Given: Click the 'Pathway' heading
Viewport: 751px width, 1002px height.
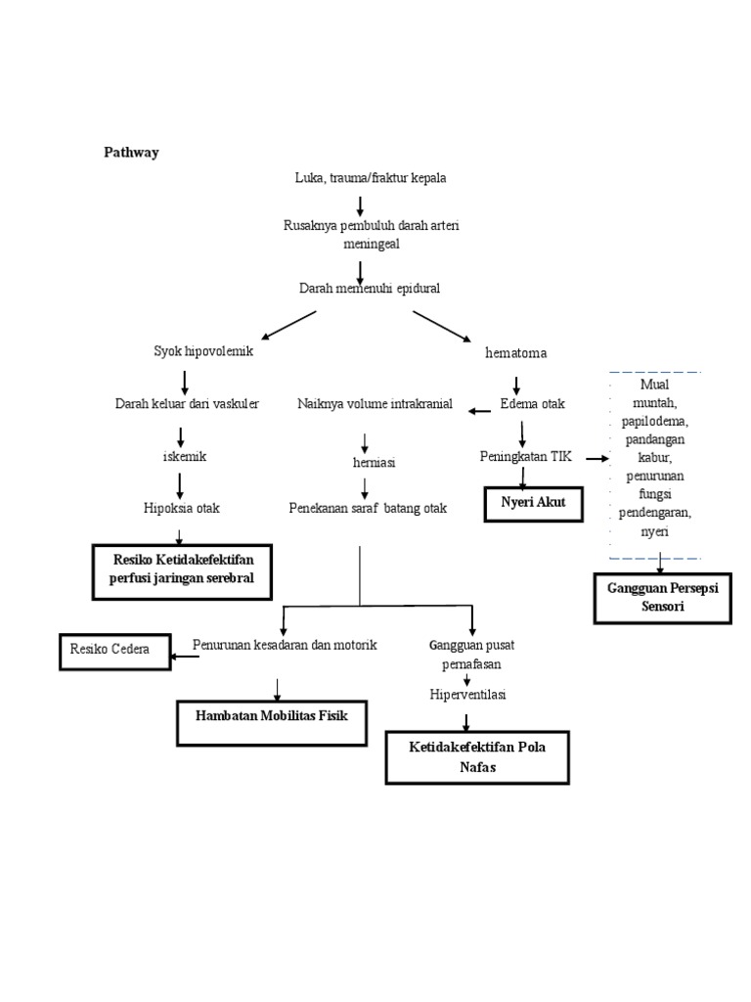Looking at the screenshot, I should point(132,153).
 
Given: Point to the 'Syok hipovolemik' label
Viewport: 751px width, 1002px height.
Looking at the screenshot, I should point(203,351).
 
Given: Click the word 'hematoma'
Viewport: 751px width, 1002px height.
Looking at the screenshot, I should point(515,352).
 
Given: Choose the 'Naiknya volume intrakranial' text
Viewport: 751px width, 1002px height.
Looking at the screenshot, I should point(375,404).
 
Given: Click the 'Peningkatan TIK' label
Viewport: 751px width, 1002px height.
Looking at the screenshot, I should point(525,457).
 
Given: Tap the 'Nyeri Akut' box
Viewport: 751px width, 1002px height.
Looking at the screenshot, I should point(533,503).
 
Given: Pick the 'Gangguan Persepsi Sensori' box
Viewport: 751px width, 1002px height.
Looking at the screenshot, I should point(662,597).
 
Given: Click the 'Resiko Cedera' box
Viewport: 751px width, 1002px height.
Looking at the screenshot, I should point(114,651).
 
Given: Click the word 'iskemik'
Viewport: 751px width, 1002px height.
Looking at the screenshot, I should point(184,457).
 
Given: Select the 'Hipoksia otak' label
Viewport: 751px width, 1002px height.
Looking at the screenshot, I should point(182,507).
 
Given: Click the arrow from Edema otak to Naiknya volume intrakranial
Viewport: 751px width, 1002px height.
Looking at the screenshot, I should point(479,411).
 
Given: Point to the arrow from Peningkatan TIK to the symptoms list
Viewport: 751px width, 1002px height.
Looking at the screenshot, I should point(597,457).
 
